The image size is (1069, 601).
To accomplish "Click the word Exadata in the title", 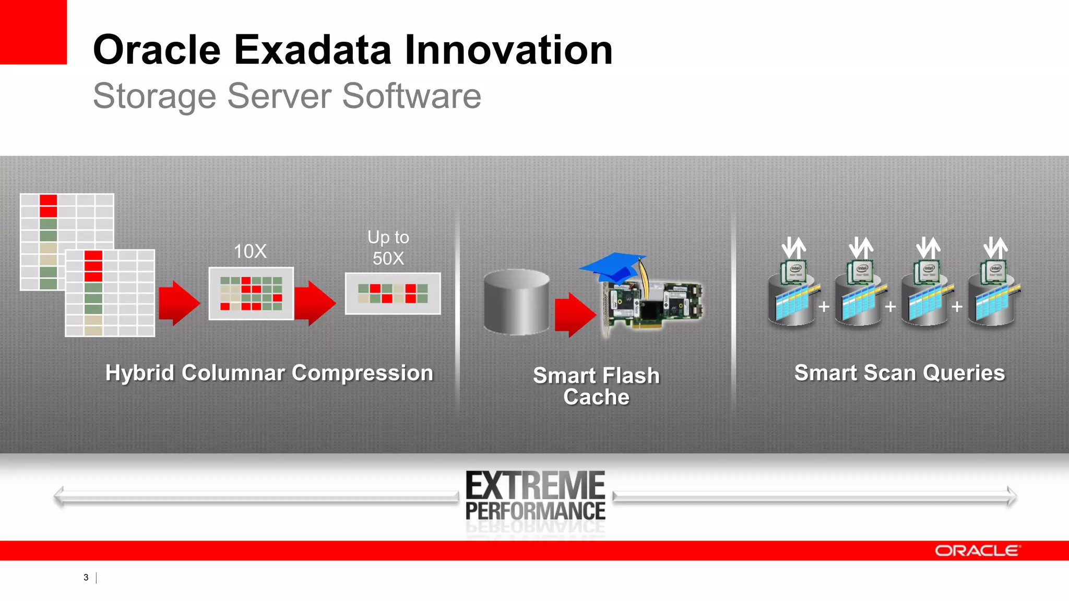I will [312, 50].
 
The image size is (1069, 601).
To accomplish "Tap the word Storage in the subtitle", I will [155, 97].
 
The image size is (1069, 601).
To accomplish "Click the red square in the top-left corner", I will [32, 31].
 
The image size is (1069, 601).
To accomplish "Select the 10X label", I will [250, 251].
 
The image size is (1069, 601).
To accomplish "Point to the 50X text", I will [388, 258].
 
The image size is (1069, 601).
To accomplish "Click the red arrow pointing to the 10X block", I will [179, 303].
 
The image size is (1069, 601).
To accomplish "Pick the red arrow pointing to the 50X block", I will [314, 303].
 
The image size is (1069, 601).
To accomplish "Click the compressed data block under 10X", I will [251, 294].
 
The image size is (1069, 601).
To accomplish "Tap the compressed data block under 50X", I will [393, 294].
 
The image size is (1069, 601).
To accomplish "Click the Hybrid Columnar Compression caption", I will [269, 373].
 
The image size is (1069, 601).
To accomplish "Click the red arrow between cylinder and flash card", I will [574, 315].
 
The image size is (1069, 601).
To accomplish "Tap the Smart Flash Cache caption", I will [596, 386].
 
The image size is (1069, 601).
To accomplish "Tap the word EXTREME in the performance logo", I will [535, 486].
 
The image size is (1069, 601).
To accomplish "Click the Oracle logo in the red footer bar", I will [977, 551].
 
